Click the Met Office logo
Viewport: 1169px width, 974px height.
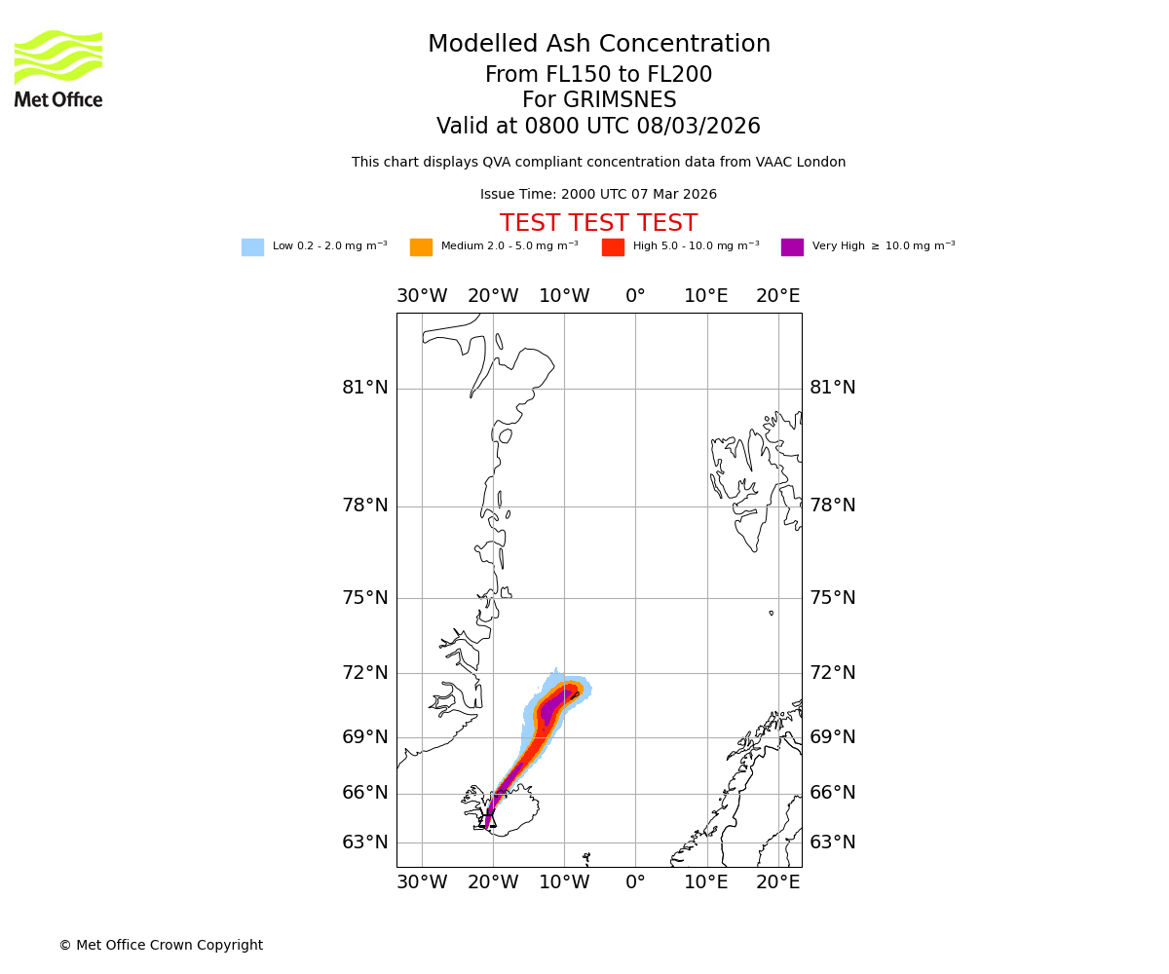(x=58, y=68)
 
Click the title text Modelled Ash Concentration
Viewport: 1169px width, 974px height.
(x=599, y=45)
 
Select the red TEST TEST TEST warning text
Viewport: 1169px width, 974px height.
(x=598, y=224)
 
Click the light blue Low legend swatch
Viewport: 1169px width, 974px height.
(x=252, y=247)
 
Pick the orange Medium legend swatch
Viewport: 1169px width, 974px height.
(x=421, y=247)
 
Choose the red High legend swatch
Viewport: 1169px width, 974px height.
(x=613, y=247)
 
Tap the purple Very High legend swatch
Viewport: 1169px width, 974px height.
(x=792, y=247)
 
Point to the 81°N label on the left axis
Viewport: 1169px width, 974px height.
(x=364, y=388)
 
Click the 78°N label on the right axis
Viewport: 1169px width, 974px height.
(x=833, y=506)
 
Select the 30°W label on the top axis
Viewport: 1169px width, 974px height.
(x=422, y=296)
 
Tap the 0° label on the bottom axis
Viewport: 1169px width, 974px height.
(x=635, y=882)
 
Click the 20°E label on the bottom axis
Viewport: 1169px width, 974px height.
(x=778, y=882)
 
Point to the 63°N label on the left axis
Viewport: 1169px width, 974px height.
(x=364, y=843)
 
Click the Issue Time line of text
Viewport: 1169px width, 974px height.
(x=598, y=195)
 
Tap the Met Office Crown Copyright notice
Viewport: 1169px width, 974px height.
(x=161, y=946)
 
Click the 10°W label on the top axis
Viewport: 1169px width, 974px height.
(x=564, y=296)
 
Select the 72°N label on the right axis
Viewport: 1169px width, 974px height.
(x=833, y=673)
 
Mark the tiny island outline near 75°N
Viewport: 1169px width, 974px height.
(x=771, y=613)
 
